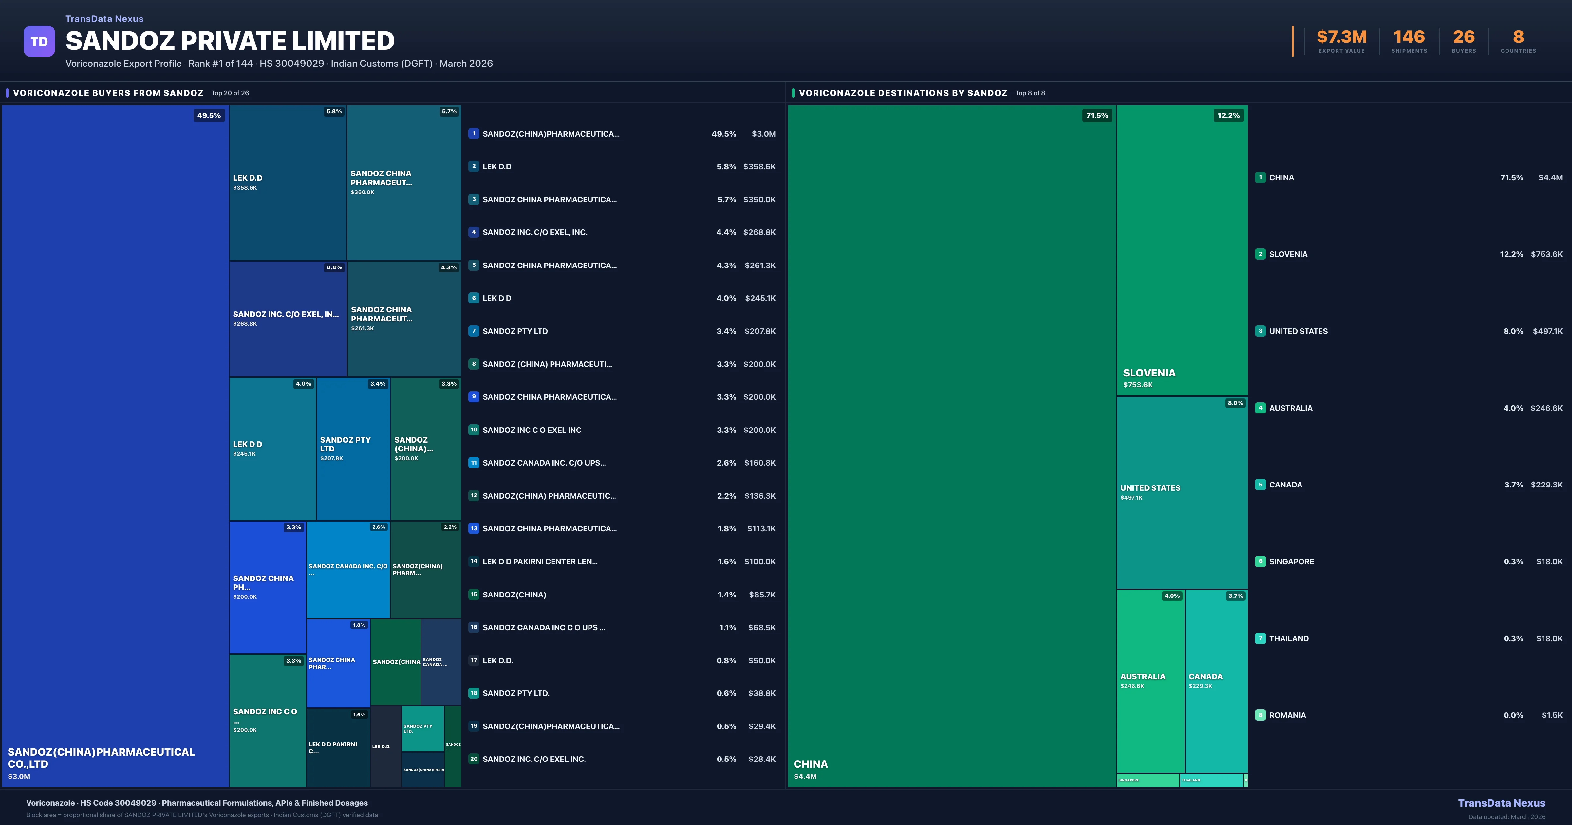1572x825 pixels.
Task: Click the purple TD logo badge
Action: (x=39, y=42)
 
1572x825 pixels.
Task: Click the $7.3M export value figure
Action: (x=1341, y=37)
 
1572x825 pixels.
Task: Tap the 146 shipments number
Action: (x=1409, y=37)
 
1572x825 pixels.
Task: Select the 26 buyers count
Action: (x=1463, y=37)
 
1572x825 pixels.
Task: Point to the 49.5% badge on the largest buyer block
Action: (x=209, y=115)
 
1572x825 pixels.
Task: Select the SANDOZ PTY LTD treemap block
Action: (x=353, y=449)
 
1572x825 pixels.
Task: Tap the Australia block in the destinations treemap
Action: (x=1150, y=680)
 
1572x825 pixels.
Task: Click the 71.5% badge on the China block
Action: (x=1096, y=115)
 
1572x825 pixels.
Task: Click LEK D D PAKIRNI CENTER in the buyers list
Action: (x=539, y=561)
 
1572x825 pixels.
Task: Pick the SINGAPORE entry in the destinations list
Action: (x=1291, y=561)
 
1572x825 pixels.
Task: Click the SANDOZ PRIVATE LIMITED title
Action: (x=230, y=41)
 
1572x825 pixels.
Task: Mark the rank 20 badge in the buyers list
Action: (x=474, y=759)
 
